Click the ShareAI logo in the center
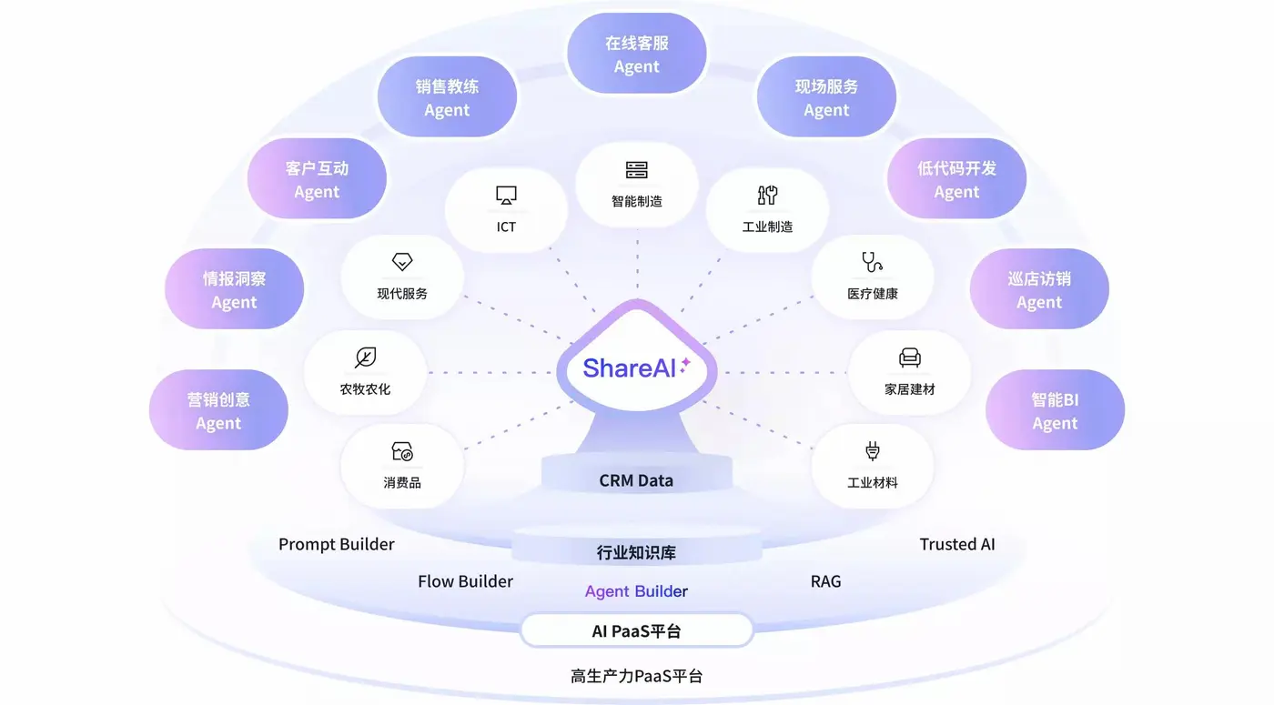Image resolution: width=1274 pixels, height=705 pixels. click(636, 368)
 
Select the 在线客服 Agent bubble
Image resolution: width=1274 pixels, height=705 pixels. click(636, 54)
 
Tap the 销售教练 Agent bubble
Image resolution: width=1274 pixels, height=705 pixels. click(447, 97)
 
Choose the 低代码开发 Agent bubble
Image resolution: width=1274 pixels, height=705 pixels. click(956, 179)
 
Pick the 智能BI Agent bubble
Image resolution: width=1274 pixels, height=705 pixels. click(1055, 410)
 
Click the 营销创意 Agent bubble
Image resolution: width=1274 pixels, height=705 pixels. click(218, 410)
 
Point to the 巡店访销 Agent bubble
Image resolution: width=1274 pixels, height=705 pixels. click(1039, 289)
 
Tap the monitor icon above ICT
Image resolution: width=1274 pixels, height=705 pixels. click(506, 195)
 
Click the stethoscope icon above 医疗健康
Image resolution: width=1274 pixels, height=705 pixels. click(872, 263)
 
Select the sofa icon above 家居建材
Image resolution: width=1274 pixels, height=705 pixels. click(909, 358)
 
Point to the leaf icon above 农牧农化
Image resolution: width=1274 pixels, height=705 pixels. click(365, 358)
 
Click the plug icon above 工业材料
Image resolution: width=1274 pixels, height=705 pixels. click(872, 451)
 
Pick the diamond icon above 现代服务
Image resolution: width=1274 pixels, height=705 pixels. click(402, 262)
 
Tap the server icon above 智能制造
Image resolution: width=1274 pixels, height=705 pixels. click(636, 170)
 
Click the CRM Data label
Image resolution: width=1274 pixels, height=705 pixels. click(636, 480)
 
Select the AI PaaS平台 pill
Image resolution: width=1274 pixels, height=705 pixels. click(636, 630)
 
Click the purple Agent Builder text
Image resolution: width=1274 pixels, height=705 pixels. click(636, 591)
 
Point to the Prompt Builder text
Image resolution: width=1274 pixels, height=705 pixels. click(337, 544)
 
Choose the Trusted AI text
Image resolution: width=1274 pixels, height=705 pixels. click(957, 544)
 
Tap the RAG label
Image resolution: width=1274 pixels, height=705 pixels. click(825, 580)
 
